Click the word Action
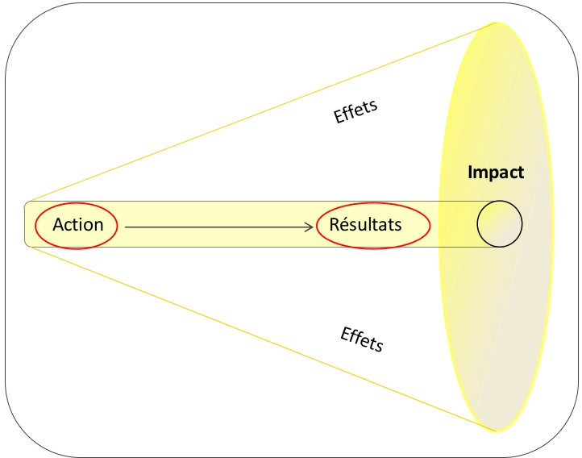(78, 224)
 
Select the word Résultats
(365, 224)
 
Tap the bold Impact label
(496, 172)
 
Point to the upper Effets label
(355, 111)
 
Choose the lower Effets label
(362, 339)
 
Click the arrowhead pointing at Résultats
(310, 227)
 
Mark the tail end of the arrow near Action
(127, 227)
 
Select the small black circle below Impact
(499, 223)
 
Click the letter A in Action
(58, 224)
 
